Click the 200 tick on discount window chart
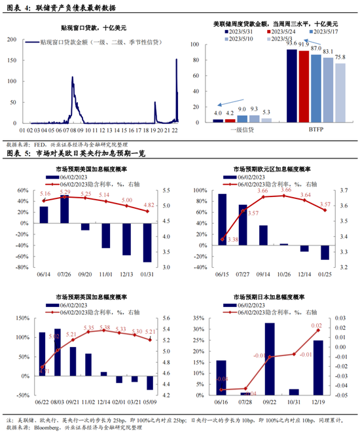pos(12,40)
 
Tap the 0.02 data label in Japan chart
pos(317,325)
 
